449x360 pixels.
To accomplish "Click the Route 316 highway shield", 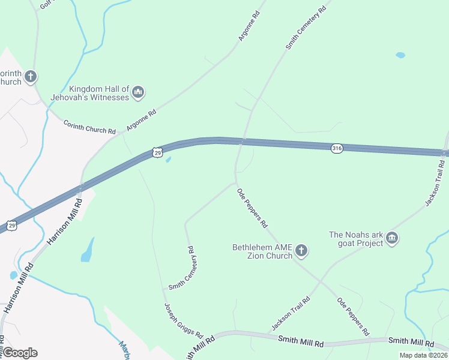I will click(337, 148).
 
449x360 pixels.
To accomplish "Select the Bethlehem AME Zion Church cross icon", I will click(301, 250).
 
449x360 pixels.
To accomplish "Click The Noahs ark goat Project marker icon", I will click(393, 238).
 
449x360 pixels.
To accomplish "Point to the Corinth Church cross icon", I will click(31, 76).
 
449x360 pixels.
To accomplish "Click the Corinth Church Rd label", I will click(89, 127).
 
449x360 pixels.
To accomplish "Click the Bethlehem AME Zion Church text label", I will click(262, 251).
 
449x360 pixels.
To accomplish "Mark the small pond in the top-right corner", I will click(400, 55).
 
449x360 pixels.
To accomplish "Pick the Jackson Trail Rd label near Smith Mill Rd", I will click(291, 313).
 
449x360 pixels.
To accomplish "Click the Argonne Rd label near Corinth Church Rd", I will click(141, 120).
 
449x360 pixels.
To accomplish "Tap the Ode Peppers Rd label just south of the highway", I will click(252, 208).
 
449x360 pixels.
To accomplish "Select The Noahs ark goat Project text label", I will click(356, 239).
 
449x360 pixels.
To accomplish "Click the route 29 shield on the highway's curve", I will click(157, 153).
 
